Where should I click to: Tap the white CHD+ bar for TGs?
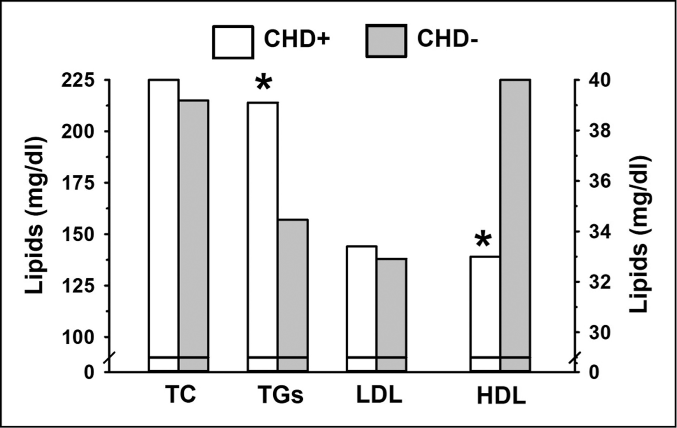pos(263,229)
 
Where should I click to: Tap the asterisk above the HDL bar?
pos(483,239)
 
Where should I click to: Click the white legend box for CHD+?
pos(233,42)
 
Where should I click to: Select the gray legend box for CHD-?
pos(386,41)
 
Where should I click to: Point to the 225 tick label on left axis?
pos(78,80)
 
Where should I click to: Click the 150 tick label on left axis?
pos(78,234)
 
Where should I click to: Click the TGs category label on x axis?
pos(280,395)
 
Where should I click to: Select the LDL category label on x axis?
pos(379,395)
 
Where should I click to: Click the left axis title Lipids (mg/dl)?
pos(35,215)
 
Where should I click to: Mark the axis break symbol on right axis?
pos(574,359)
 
